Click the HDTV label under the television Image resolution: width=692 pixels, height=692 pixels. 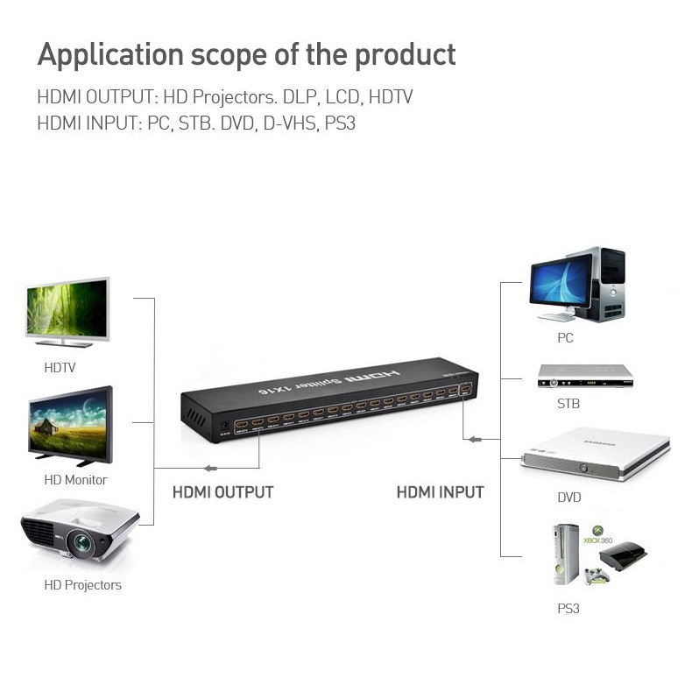pyautogui.click(x=60, y=368)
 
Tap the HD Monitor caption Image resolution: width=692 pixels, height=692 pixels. pyautogui.click(x=75, y=480)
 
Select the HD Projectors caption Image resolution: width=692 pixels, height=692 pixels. pyautogui.click(x=82, y=585)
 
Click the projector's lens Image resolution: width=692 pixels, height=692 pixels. pyautogui.click(x=82, y=544)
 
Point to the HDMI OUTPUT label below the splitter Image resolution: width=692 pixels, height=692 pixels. pyautogui.click(x=222, y=492)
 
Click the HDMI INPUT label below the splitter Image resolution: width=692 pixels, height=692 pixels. pyautogui.click(x=440, y=492)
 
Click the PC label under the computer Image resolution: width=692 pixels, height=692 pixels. pyautogui.click(x=565, y=337)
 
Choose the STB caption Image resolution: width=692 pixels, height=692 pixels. pyautogui.click(x=568, y=405)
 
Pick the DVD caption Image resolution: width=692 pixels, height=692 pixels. pyautogui.click(x=568, y=498)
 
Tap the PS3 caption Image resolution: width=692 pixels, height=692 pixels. pyautogui.click(x=568, y=608)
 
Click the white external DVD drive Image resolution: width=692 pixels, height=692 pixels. pyautogui.click(x=596, y=452)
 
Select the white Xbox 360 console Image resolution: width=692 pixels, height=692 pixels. pyautogui.click(x=566, y=554)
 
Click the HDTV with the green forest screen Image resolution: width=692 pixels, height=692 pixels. pyautogui.click(x=67, y=309)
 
